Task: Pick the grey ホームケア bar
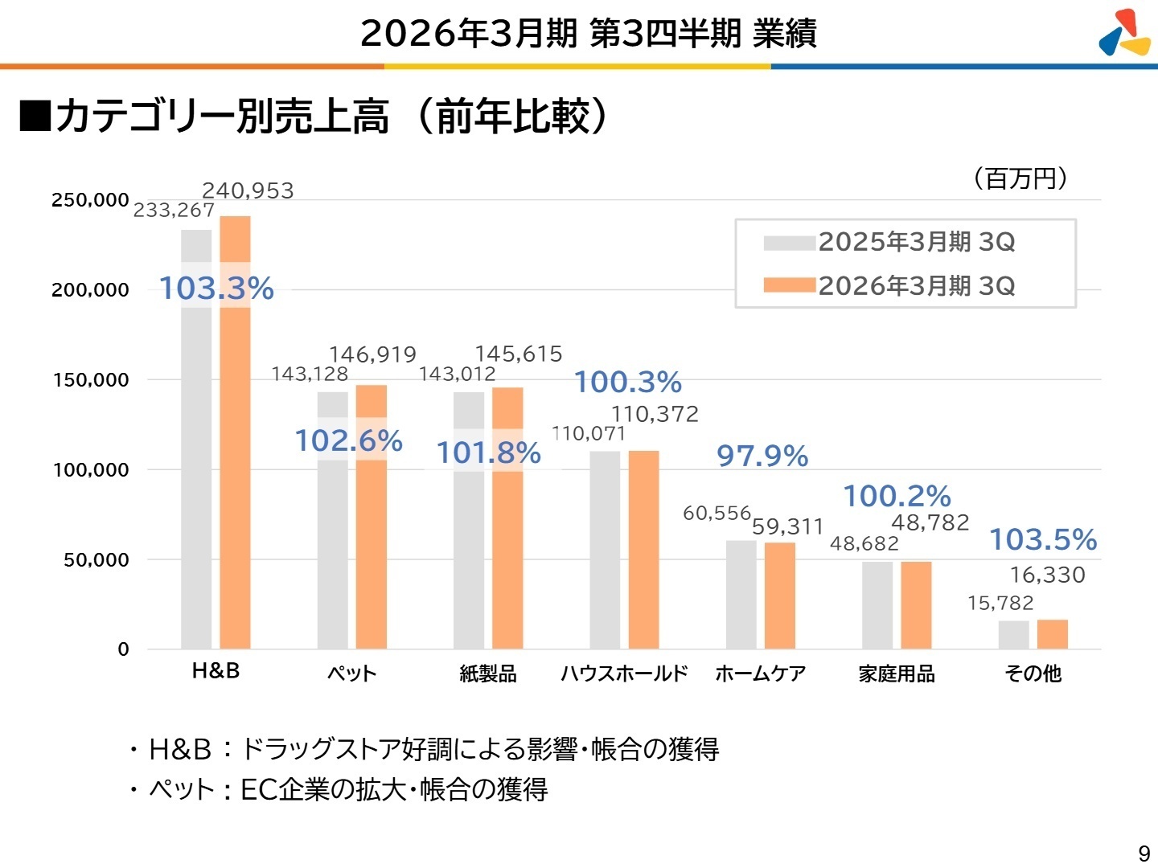point(741,595)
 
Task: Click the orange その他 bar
point(1052,634)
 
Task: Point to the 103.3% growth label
point(216,288)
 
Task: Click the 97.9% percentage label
point(762,456)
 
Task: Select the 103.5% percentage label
point(1042,539)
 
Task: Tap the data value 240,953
point(248,190)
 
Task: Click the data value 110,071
point(589,433)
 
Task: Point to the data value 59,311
point(787,526)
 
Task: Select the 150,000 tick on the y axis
point(91,380)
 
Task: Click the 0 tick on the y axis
point(123,649)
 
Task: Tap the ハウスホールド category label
point(624,674)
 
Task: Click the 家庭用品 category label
point(897,674)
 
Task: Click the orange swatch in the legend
point(789,285)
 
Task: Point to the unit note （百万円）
point(1020,178)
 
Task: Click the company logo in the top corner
point(1124,33)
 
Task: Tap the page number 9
point(1144,853)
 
